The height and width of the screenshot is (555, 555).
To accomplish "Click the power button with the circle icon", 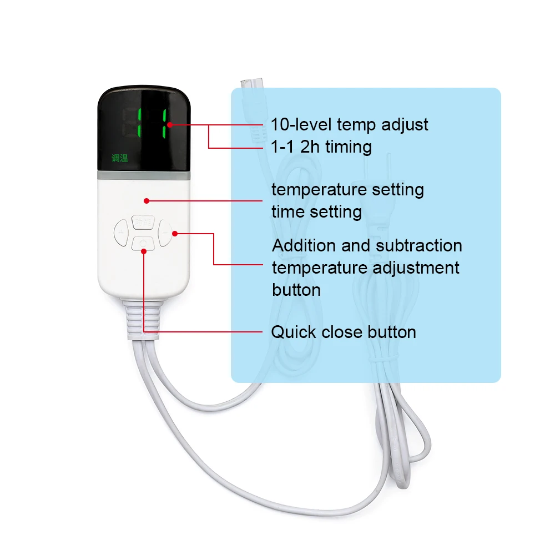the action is tap(144, 243).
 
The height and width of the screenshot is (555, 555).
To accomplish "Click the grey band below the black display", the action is tap(145, 175).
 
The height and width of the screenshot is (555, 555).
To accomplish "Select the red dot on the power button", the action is tap(144, 251).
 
